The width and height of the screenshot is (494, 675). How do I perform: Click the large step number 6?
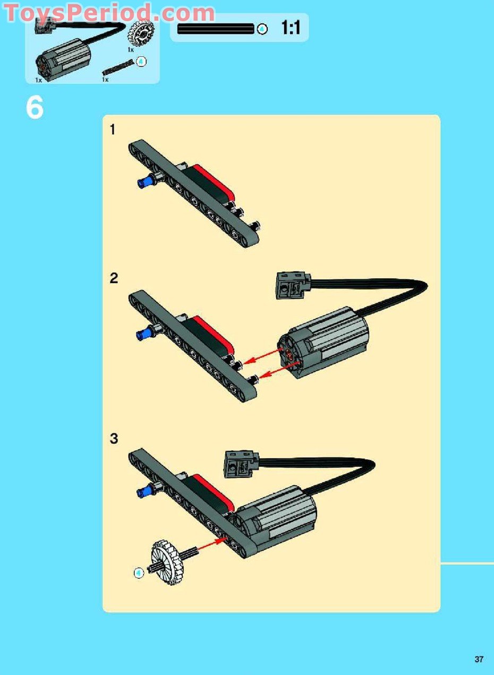click(x=35, y=108)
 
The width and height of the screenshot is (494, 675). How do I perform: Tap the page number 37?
click(x=479, y=659)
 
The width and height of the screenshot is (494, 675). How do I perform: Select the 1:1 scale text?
click(x=291, y=28)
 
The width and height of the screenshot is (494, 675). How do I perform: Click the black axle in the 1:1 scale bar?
click(x=215, y=29)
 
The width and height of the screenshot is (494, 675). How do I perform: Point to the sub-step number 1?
click(x=112, y=130)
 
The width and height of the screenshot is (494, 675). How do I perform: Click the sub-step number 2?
click(x=114, y=278)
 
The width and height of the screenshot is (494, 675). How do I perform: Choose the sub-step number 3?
click(x=114, y=439)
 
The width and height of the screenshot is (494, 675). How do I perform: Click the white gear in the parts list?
click(x=141, y=35)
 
